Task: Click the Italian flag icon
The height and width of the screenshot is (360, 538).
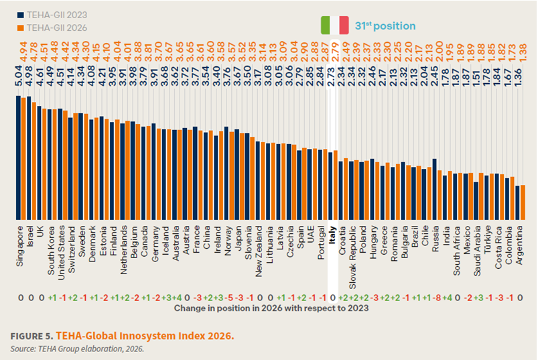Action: click(334, 25)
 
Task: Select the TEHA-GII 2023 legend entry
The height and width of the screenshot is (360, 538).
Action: click(52, 15)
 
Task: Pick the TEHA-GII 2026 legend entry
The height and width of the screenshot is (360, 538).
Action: click(52, 27)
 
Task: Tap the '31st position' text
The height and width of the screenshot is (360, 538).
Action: click(385, 25)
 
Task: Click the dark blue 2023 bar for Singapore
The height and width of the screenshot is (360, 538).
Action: click(19, 158)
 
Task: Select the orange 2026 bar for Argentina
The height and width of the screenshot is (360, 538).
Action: click(523, 202)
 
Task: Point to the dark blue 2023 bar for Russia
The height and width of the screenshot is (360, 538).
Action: click(434, 189)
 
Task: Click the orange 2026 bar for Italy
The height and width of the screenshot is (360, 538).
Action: click(335, 185)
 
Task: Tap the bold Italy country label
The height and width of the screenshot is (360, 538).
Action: click(332, 235)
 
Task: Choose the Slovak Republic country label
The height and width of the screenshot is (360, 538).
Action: click(352, 257)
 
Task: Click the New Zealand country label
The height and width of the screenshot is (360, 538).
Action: click(259, 251)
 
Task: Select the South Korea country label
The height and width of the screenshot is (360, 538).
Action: click(52, 251)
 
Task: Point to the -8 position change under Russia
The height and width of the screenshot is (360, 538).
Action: click(436, 298)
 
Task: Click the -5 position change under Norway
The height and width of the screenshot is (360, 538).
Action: click(228, 298)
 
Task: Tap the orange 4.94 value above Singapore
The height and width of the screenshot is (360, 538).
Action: click(23, 52)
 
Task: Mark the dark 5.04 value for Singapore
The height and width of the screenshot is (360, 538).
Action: click(19, 76)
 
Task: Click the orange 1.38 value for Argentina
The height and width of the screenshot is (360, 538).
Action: click(523, 52)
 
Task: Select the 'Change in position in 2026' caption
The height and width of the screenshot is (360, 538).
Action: click(271, 308)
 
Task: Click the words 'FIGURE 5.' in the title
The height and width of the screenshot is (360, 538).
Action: click(31, 336)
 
